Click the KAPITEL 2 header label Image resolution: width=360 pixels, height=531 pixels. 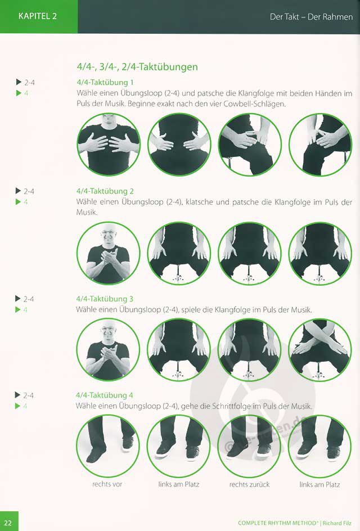38,16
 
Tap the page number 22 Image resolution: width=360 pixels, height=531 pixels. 8,523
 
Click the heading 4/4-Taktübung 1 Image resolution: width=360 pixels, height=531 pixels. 105,82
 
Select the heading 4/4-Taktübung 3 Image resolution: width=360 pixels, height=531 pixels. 105,299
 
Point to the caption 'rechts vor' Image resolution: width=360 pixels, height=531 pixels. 107,484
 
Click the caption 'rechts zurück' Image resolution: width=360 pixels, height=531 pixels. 250,484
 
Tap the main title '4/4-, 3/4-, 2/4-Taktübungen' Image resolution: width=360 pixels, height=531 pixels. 137,67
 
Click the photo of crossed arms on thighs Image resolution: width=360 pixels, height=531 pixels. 319,349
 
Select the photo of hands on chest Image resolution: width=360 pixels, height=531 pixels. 109,145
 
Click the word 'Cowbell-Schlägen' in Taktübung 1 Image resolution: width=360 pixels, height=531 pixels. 255,103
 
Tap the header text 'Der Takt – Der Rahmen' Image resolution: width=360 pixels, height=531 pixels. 311,17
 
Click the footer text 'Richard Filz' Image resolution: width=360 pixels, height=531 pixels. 337,523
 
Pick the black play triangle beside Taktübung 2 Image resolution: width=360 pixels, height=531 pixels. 19,191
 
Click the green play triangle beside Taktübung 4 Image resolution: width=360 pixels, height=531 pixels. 17,406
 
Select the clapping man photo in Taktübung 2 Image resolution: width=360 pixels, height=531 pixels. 109,253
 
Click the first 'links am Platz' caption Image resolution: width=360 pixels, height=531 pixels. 179,484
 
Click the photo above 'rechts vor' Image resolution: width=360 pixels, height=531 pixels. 108,445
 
